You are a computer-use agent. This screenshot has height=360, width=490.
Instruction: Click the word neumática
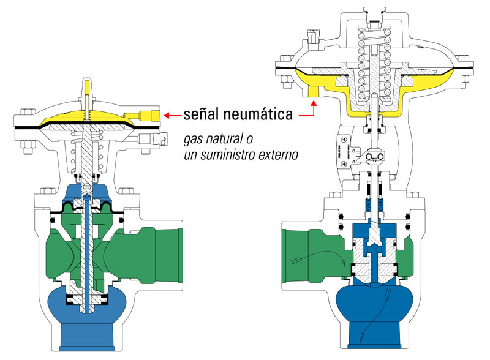pyautogui.click(x=257, y=114)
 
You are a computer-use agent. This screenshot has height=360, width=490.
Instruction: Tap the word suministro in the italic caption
pyautogui.click(x=234, y=155)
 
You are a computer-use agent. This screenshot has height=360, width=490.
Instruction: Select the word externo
pyautogui.click(x=278, y=155)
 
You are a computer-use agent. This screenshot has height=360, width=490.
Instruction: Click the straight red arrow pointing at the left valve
pyautogui.click(x=173, y=114)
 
